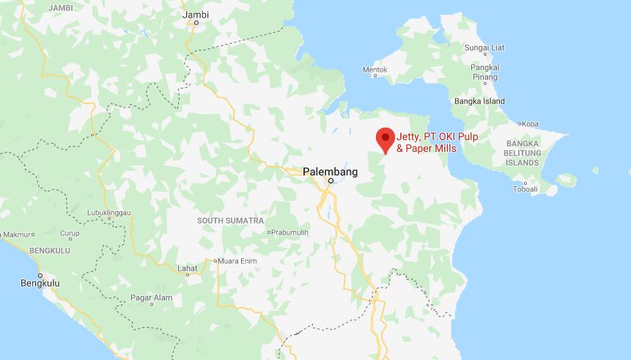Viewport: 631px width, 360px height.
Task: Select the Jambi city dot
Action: point(196,23)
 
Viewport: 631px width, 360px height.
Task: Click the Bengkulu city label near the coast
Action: point(40,282)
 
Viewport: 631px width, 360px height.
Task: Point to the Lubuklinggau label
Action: point(108,213)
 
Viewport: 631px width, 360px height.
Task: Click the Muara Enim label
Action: point(236,260)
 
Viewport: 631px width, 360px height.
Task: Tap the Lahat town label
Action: point(187,268)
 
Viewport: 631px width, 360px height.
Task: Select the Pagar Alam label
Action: point(151,297)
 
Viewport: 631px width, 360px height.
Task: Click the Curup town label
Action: point(70,234)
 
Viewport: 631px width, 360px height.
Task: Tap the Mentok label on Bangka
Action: point(374,70)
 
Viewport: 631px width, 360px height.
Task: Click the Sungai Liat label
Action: point(484,48)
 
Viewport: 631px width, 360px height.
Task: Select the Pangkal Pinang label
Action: point(484,72)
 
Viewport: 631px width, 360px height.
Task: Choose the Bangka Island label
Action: point(479,101)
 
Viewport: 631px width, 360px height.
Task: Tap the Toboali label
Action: point(525,188)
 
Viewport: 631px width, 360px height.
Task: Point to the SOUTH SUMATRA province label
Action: point(230,220)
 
